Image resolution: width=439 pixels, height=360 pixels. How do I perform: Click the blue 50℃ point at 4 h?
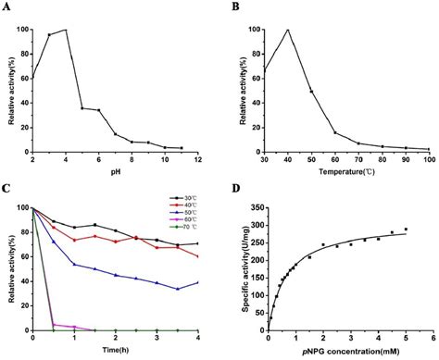tap(198, 282)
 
